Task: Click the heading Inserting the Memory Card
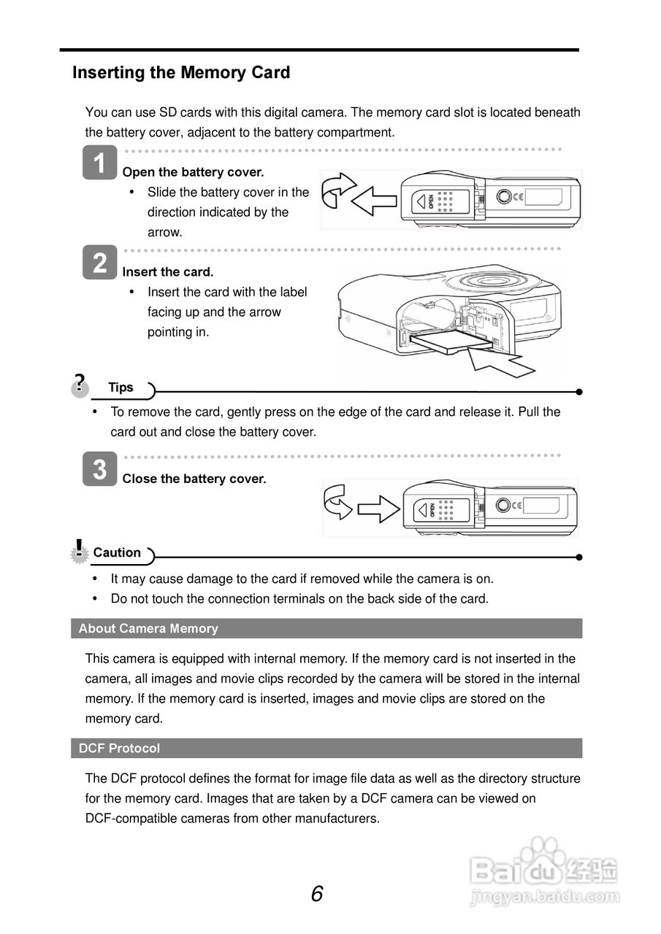tap(181, 73)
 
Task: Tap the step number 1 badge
tap(100, 162)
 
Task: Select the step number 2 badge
tap(100, 262)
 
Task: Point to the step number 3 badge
tap(100, 469)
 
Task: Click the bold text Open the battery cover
tap(193, 172)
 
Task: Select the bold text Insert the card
tap(168, 272)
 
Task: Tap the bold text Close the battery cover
tap(194, 479)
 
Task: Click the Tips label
tap(121, 387)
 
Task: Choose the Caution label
tap(117, 552)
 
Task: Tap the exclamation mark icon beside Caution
tap(79, 550)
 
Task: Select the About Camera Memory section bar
tap(326, 628)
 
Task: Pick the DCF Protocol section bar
tap(326, 748)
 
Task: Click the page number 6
tap(316, 893)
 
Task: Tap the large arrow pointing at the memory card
tap(497, 359)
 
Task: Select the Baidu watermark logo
tap(544, 871)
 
